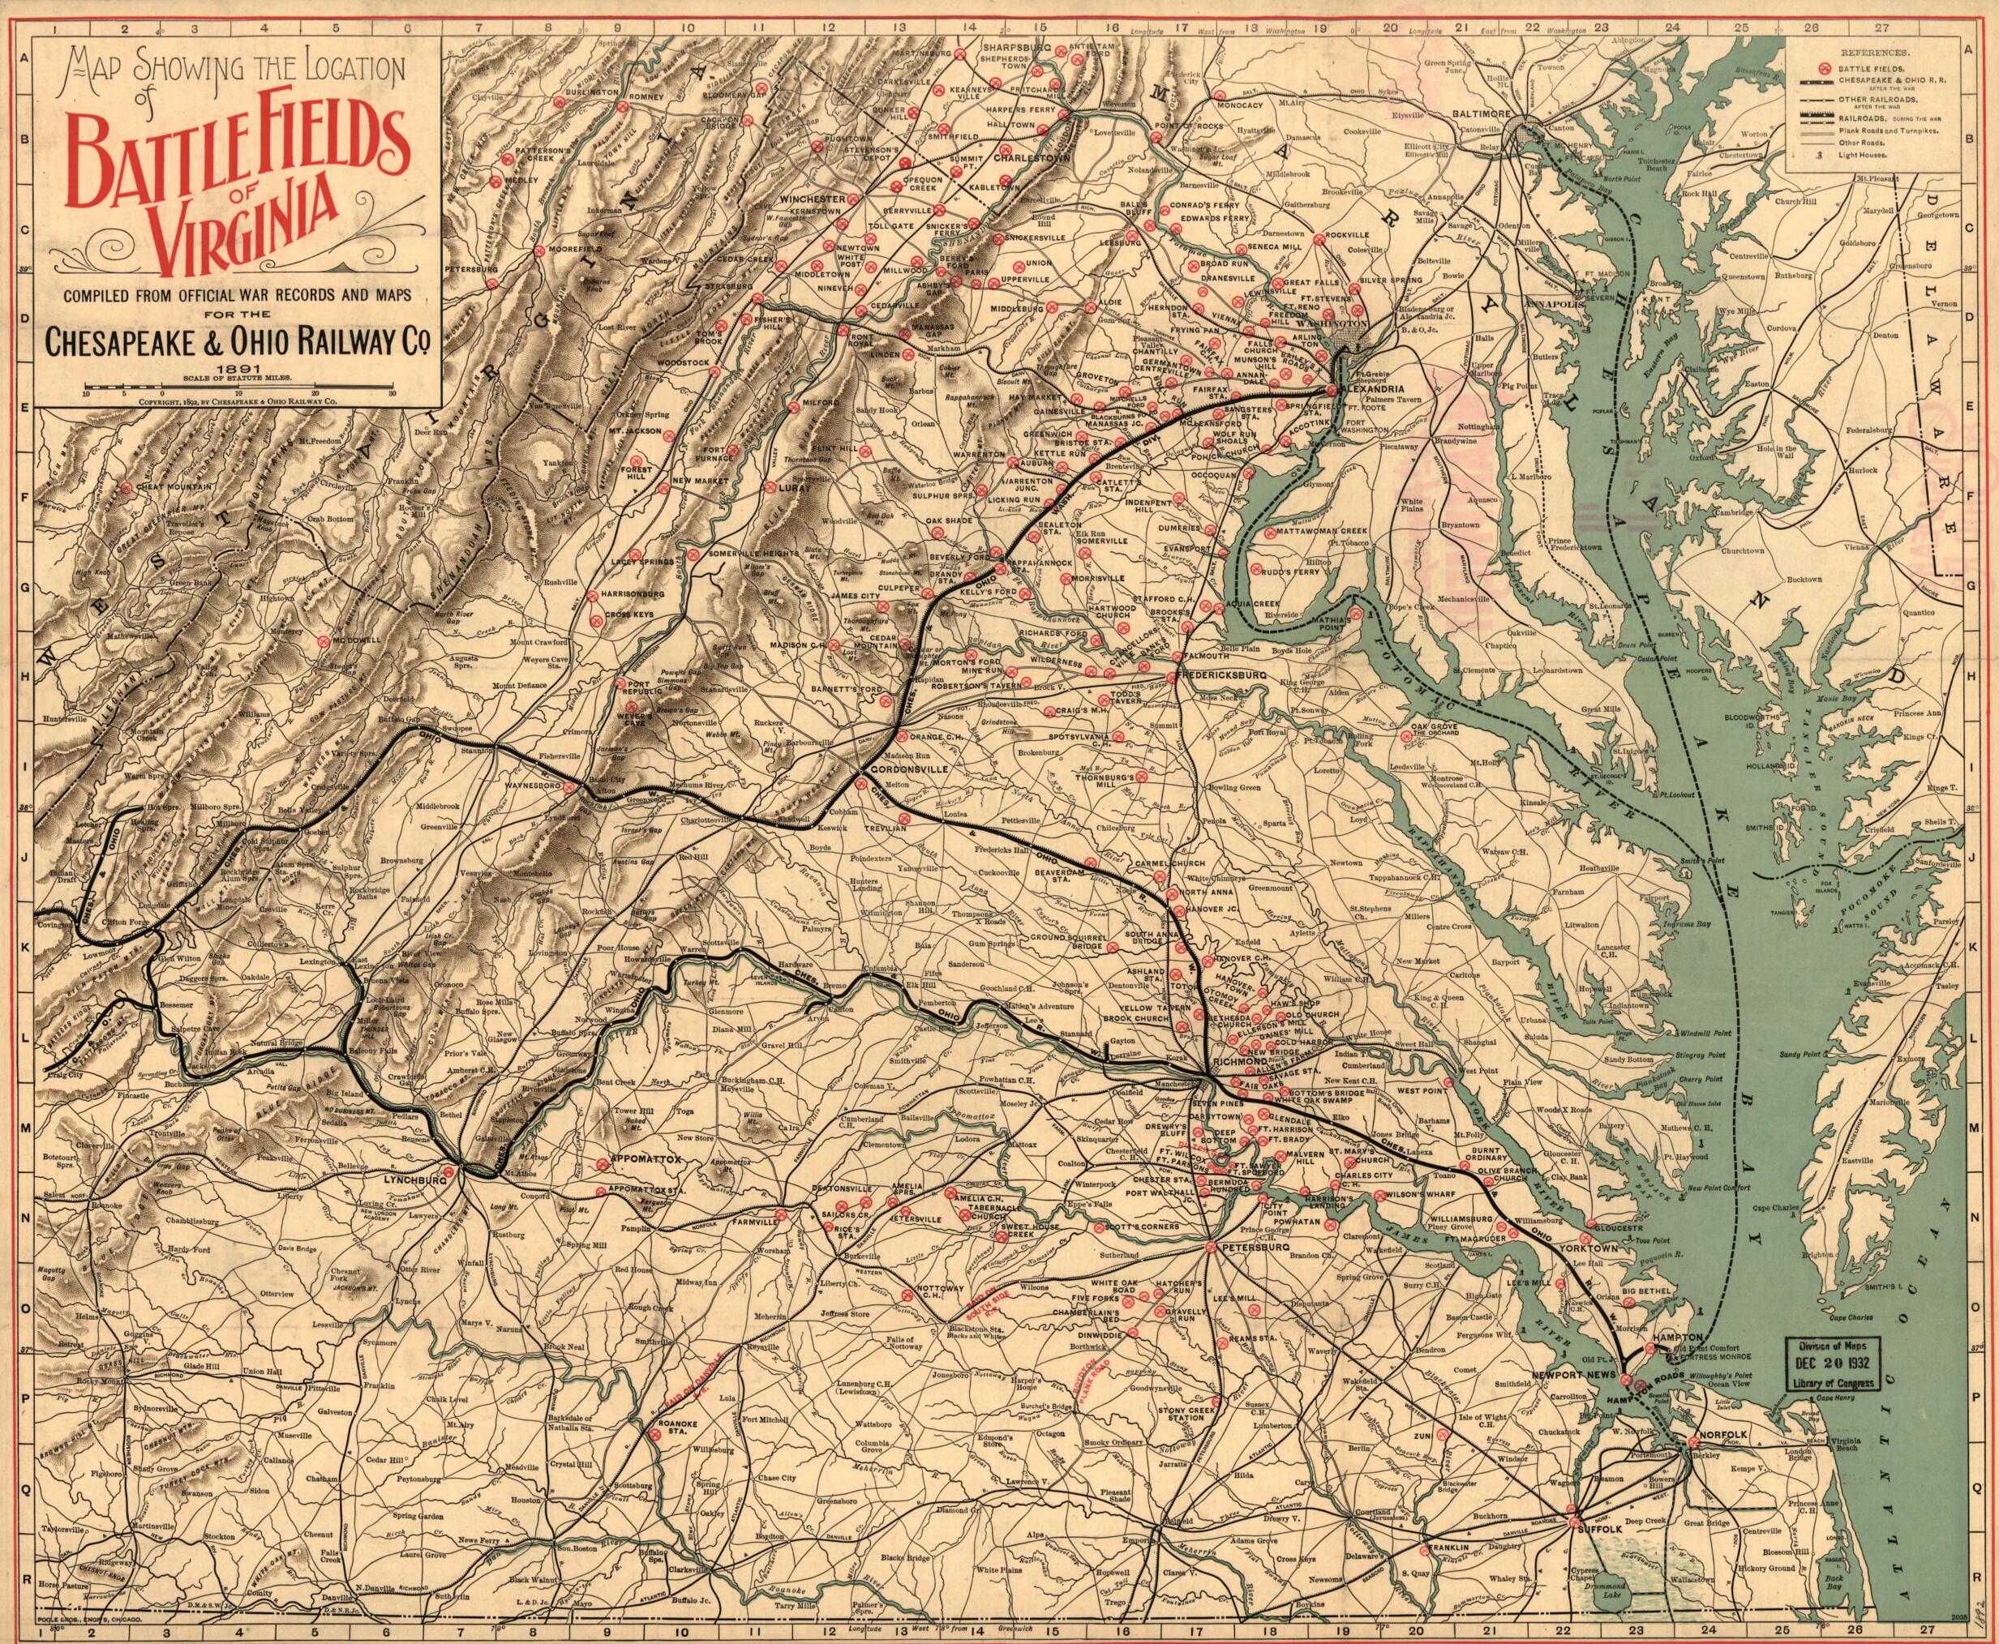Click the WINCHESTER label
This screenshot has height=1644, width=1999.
pos(811,199)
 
